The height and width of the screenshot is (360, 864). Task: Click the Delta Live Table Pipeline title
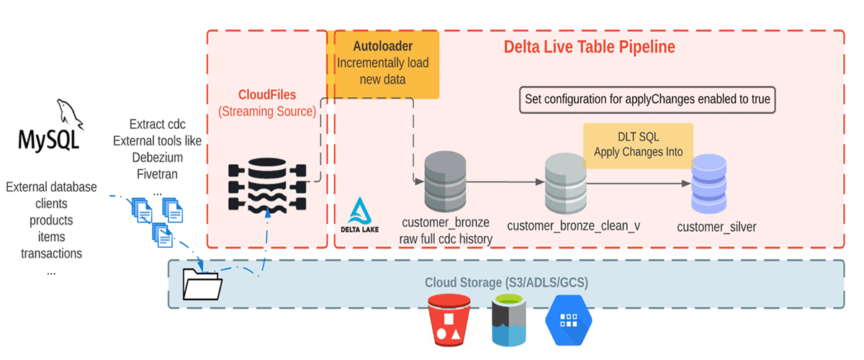(x=589, y=48)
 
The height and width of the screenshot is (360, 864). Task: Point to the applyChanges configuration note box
(x=648, y=100)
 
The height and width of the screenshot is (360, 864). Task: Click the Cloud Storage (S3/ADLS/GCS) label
(x=506, y=282)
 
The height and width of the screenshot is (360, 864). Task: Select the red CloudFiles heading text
(x=266, y=94)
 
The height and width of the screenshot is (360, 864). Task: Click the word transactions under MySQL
(x=51, y=253)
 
